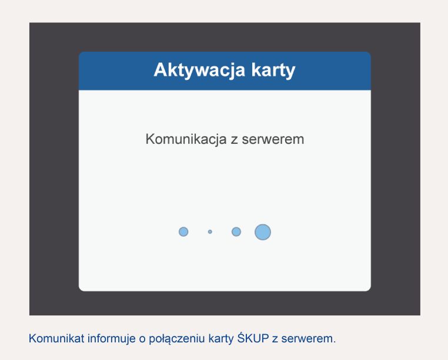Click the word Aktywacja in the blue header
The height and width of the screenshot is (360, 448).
point(199,70)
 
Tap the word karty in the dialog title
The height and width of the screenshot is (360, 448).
point(273,70)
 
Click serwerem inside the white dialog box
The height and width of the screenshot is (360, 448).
point(273,140)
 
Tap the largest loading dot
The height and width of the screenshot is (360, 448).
point(263,232)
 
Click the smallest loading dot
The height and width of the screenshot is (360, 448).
point(210,232)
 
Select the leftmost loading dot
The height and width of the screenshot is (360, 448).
point(183,232)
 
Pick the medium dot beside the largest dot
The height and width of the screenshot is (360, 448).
point(236,232)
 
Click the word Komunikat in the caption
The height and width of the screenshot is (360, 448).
point(56,339)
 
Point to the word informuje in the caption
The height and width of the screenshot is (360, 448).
point(112,339)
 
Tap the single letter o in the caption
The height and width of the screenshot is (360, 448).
point(142,339)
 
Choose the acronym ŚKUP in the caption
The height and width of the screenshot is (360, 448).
point(253,338)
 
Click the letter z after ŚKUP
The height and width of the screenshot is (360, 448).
point(275,339)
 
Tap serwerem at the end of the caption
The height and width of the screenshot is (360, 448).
point(307,339)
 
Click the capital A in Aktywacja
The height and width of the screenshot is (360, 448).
point(161,70)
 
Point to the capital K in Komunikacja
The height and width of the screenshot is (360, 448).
point(151,139)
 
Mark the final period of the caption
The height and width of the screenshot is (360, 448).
point(335,342)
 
